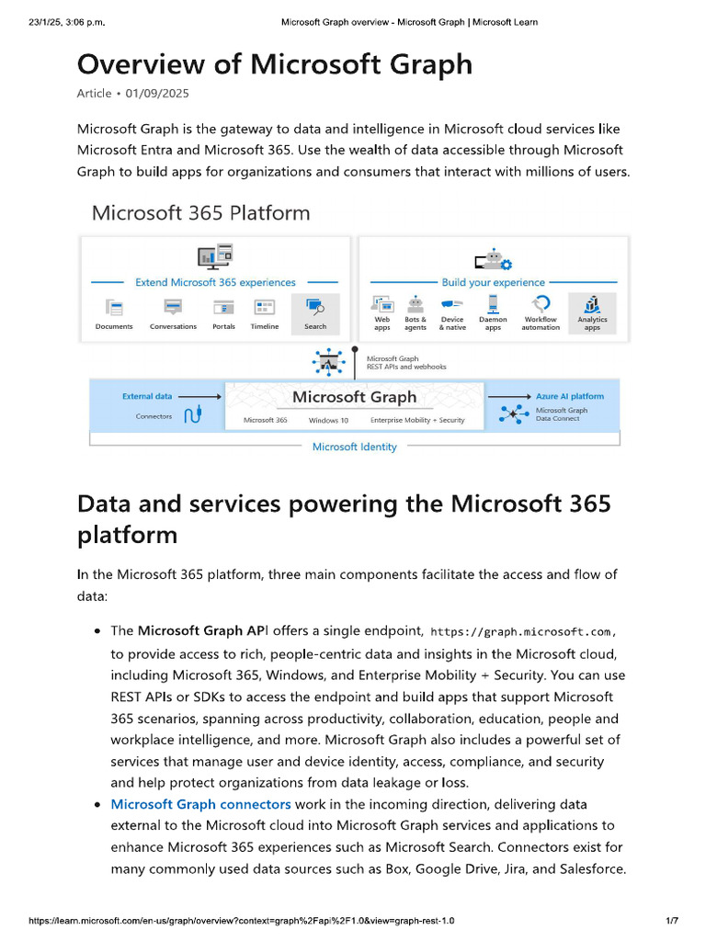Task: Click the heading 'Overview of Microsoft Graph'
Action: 274,64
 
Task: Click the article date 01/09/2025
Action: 155,93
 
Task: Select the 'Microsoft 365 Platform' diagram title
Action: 200,213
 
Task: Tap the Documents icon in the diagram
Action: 114,307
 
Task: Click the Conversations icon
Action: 173,307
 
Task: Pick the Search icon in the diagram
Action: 315,306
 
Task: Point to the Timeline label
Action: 265,326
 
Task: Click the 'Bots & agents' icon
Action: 416,304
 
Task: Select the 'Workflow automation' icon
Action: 541,304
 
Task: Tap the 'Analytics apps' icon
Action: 592,304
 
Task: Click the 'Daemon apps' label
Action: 493,323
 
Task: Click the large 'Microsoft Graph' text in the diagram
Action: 354,397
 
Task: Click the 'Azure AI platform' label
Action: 570,396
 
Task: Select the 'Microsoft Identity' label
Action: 354,447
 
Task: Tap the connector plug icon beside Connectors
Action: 192,416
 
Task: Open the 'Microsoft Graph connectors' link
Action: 200,804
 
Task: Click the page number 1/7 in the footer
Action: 671,920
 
